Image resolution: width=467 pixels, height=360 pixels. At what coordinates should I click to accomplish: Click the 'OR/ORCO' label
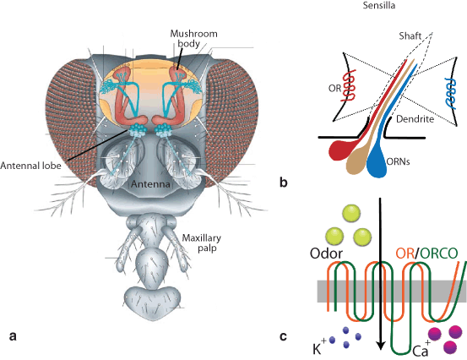(x=429, y=251)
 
